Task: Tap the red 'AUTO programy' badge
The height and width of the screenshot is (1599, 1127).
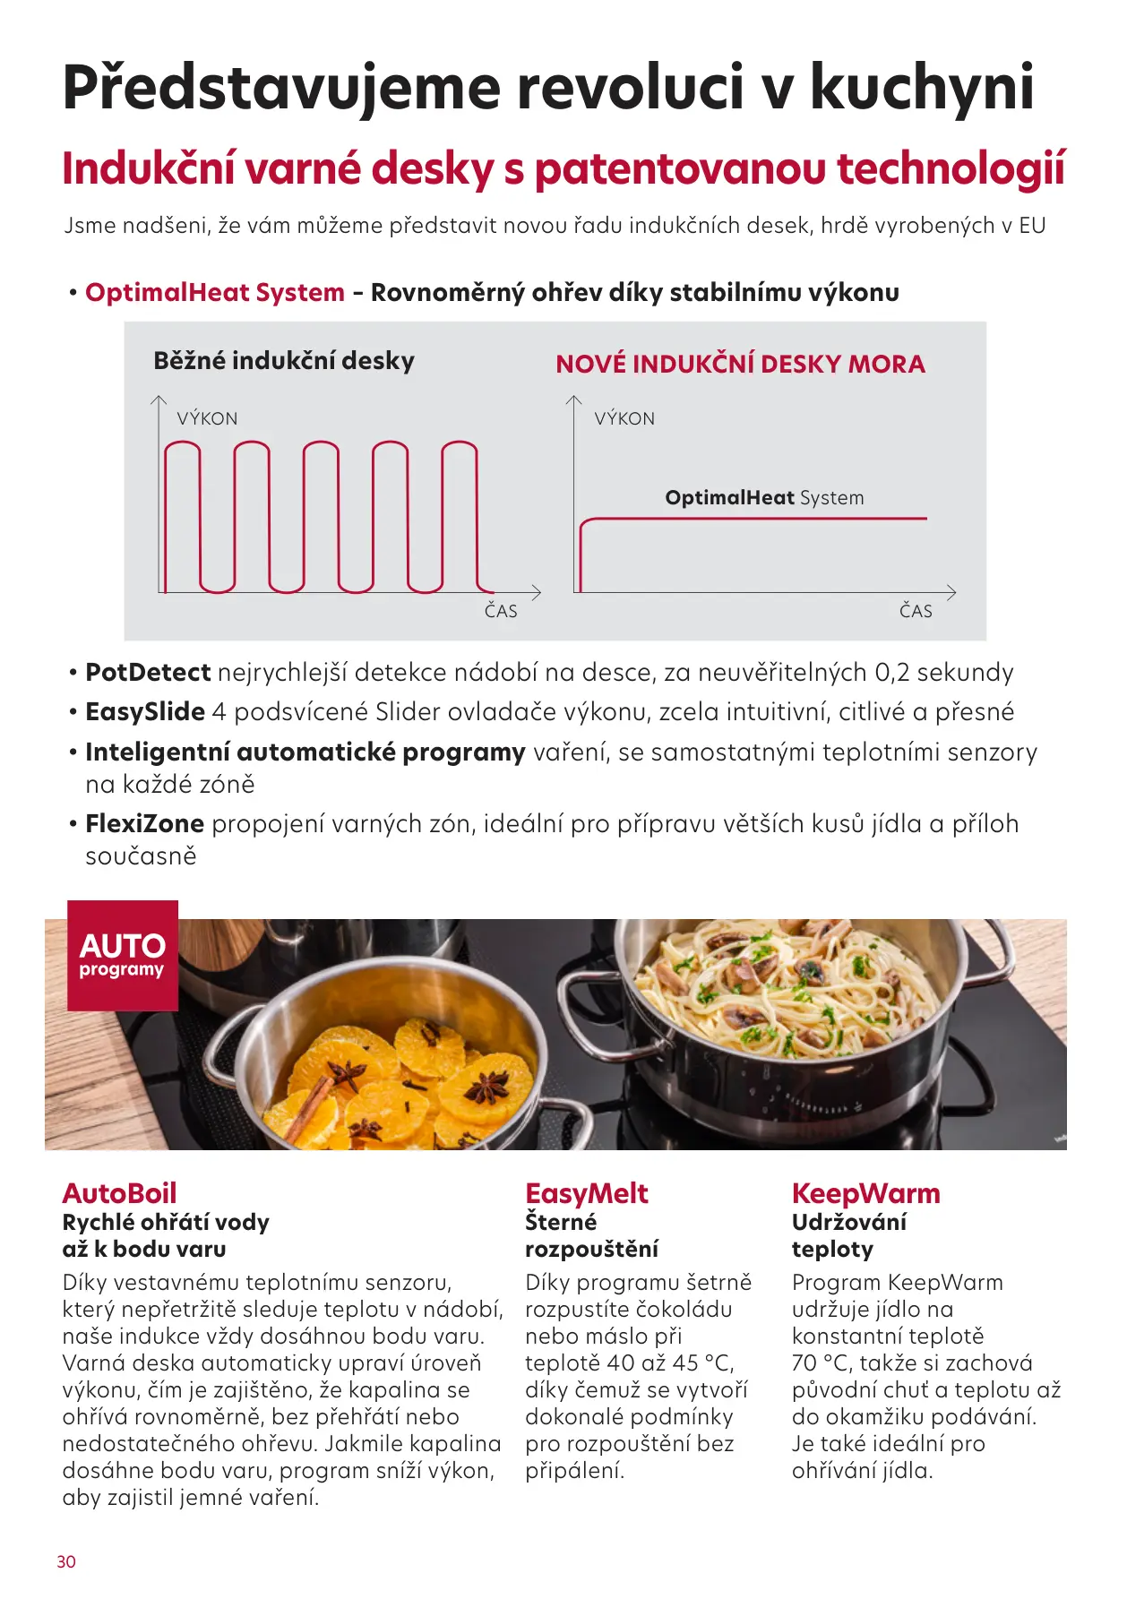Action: pyautogui.click(x=123, y=955)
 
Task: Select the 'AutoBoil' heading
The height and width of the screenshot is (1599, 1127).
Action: pyautogui.click(x=119, y=1193)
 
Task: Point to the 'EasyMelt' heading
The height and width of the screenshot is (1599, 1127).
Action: pyautogui.click(x=586, y=1193)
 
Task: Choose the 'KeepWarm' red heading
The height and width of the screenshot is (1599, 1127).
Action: pyautogui.click(x=865, y=1193)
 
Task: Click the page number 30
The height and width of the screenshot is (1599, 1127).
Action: pyautogui.click(x=66, y=1561)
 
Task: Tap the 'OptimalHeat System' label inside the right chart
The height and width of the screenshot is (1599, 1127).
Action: pyautogui.click(x=764, y=498)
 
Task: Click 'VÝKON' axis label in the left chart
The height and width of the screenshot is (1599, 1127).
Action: pyautogui.click(x=207, y=418)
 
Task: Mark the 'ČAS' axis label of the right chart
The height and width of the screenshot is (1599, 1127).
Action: pyautogui.click(x=916, y=611)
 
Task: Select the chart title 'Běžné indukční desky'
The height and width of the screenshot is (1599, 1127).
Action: pyautogui.click(x=284, y=361)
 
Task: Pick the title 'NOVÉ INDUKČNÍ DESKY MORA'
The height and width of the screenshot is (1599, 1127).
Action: pyautogui.click(x=740, y=364)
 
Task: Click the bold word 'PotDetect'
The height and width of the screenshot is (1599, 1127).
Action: pyautogui.click(x=148, y=672)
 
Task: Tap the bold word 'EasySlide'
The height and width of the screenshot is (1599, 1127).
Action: pyautogui.click(x=145, y=711)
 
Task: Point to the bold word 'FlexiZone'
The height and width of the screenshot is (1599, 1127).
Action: pyautogui.click(x=144, y=823)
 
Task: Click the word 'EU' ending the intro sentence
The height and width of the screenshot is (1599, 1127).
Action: pyautogui.click(x=1032, y=226)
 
